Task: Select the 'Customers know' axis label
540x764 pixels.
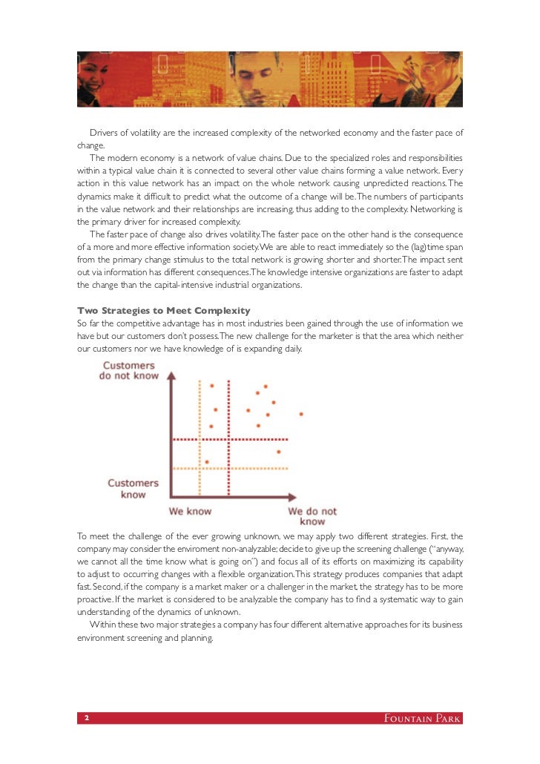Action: coord(133,488)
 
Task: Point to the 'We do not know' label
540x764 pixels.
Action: coord(312,516)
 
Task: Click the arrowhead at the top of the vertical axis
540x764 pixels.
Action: coord(172,376)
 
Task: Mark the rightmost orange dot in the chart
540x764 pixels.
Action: coord(300,414)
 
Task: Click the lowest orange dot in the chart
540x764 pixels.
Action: coord(207,462)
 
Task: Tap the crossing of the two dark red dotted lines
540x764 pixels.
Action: coord(228,440)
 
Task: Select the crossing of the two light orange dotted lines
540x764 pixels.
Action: coord(200,468)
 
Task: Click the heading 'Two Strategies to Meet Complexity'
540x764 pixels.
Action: coord(164,310)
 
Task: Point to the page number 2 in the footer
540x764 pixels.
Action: coord(87,719)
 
